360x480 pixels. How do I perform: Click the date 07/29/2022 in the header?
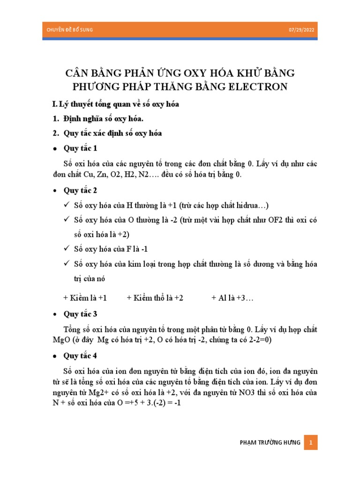click(303, 30)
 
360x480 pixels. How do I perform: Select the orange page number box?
click(311, 442)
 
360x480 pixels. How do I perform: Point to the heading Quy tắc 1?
click(81, 148)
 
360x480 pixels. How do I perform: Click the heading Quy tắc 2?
click(81, 191)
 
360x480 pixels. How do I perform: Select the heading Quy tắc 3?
click(81, 314)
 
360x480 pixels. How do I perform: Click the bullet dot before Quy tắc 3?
click(54, 314)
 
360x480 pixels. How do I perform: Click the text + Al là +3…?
click(232, 298)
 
